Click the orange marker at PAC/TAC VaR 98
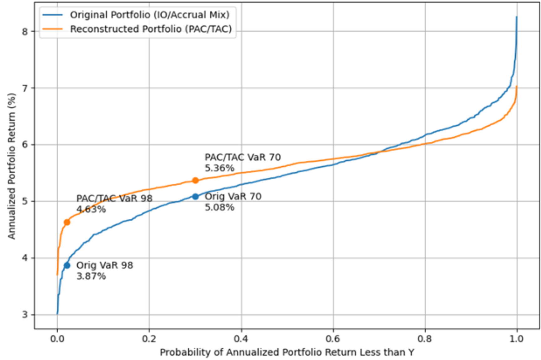[67, 222]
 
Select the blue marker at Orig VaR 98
[67, 265]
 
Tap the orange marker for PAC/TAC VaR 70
[195, 180]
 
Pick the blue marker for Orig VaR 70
[195, 196]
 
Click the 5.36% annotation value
[219, 168]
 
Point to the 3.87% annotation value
[91, 276]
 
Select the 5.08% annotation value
[219, 207]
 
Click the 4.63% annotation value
[91, 209]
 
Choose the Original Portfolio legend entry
[150, 15]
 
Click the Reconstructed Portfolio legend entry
[151, 29]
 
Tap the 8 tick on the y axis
[25, 32]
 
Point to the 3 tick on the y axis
[25, 315]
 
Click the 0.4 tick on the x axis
[241, 339]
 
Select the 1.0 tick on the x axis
[516, 339]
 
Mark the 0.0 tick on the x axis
[57, 339]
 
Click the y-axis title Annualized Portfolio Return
[12, 166]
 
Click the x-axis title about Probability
[287, 352]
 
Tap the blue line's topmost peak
[517, 17]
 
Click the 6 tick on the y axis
[25, 145]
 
